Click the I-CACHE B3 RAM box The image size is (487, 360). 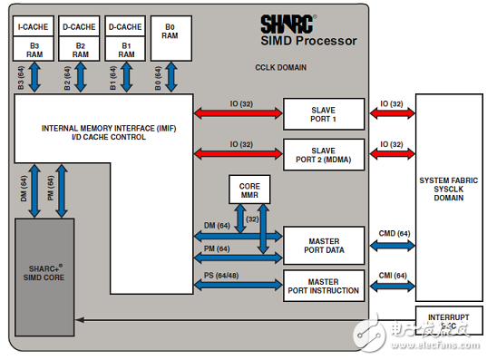(x=34, y=38)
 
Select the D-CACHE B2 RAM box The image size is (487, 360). (x=81, y=38)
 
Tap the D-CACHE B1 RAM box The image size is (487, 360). (x=126, y=38)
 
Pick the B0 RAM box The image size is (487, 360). (x=171, y=38)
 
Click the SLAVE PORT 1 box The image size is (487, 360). (x=322, y=116)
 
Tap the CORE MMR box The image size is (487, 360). (x=249, y=190)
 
